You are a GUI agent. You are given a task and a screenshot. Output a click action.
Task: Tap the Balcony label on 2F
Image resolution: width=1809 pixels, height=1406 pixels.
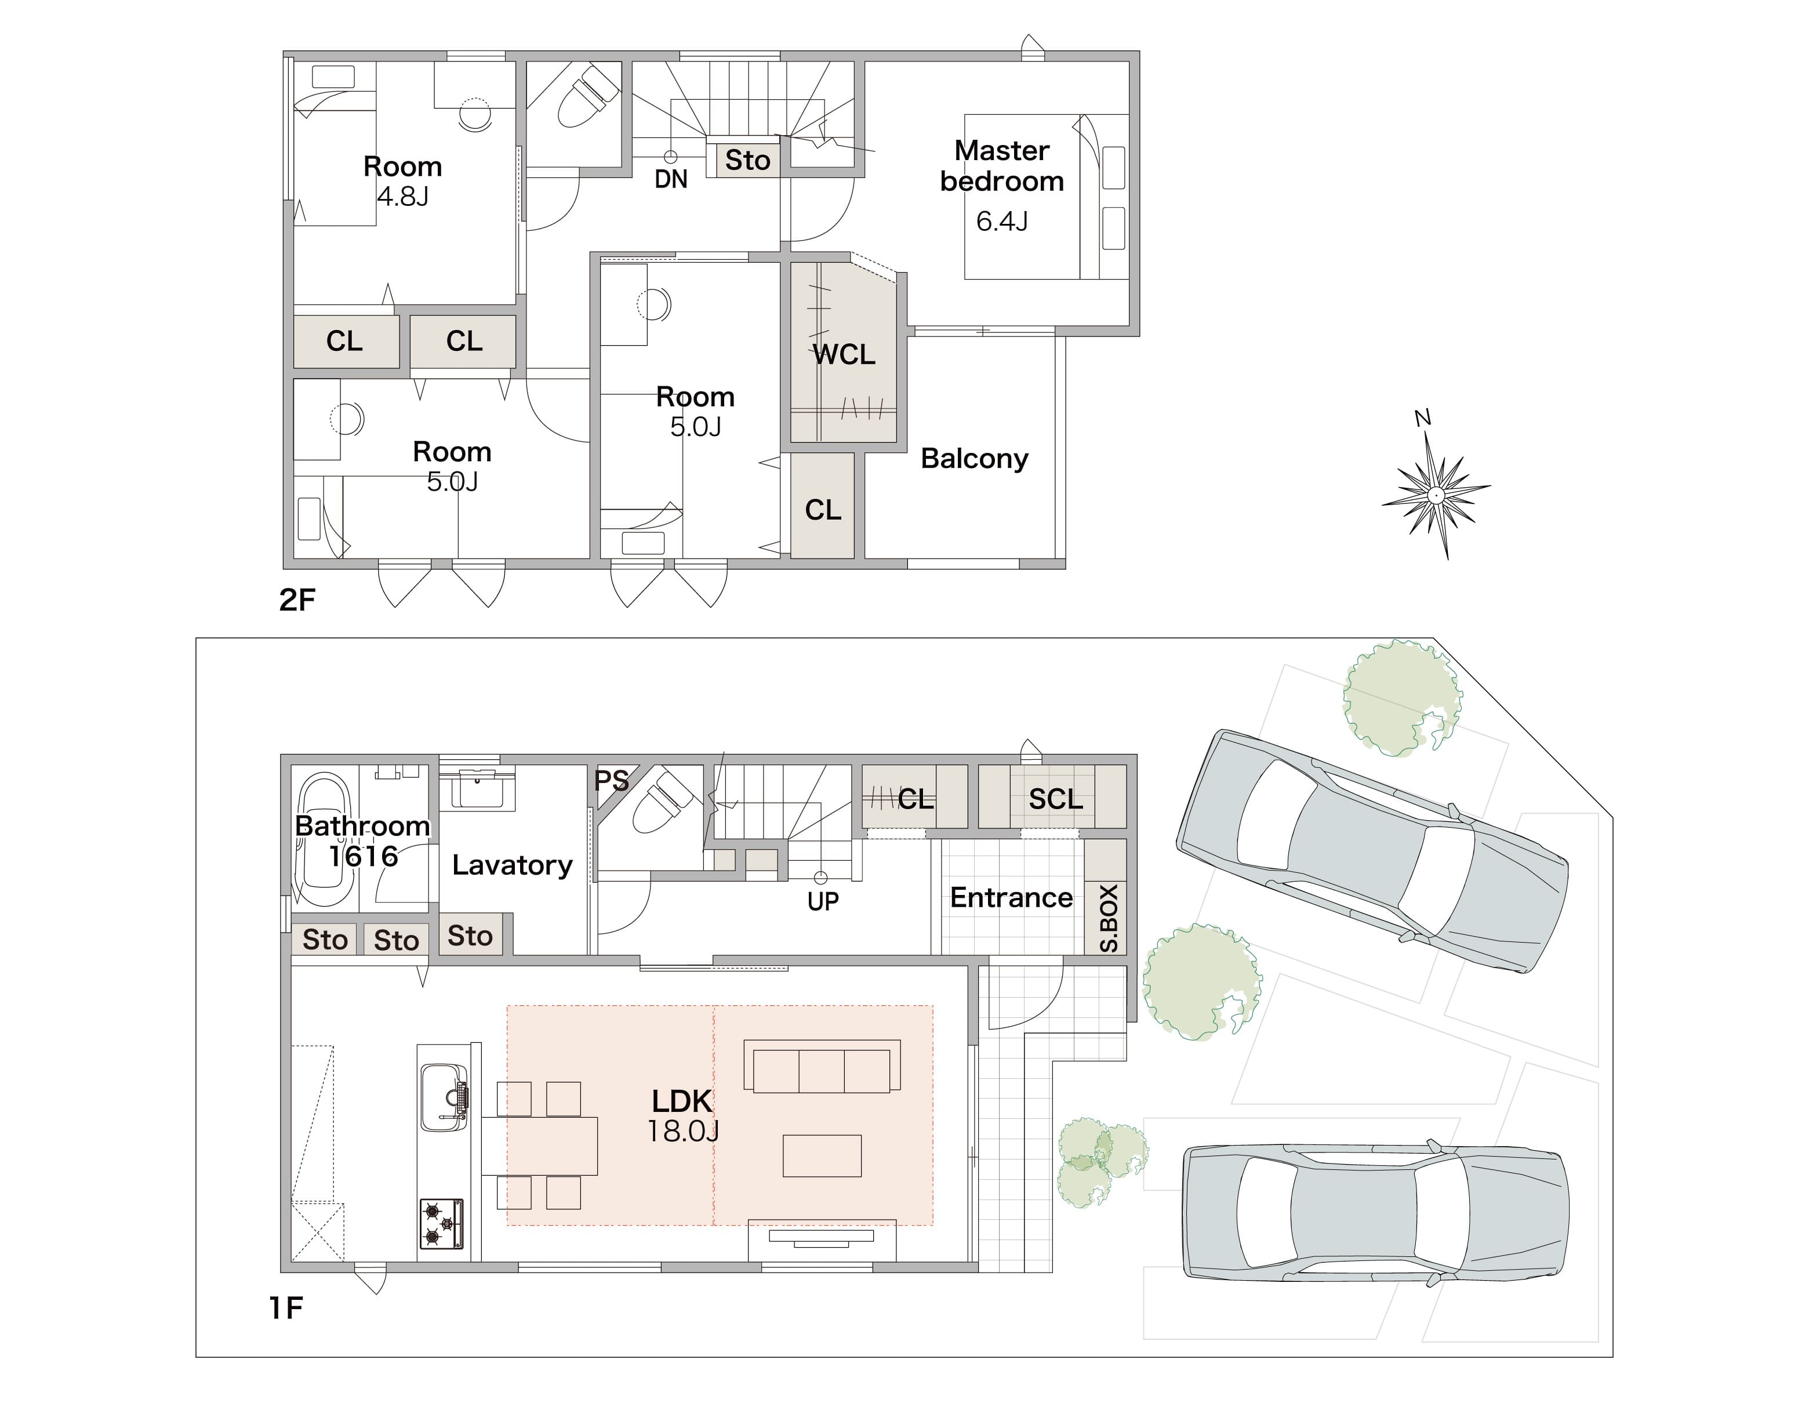[974, 458]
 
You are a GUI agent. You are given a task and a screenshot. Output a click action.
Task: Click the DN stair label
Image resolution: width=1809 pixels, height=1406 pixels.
[670, 179]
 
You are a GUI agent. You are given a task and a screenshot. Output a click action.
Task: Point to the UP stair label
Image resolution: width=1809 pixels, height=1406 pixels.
[823, 901]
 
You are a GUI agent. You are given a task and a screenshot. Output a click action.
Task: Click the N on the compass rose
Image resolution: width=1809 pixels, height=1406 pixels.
[1423, 418]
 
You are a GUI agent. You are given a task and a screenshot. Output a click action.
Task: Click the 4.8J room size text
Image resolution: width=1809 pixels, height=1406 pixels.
[402, 197]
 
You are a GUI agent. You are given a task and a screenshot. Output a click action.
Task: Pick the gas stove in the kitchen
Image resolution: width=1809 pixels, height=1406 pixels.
[441, 1224]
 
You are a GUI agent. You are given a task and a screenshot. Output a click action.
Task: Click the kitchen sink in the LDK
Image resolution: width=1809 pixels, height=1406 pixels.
[444, 1098]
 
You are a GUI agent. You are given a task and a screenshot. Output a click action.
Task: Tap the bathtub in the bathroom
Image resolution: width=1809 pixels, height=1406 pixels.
[324, 839]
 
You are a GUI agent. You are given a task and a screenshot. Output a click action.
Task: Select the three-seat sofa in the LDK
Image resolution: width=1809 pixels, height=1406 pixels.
[822, 1066]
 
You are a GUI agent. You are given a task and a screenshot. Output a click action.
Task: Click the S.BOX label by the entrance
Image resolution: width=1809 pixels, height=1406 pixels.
[1108, 918]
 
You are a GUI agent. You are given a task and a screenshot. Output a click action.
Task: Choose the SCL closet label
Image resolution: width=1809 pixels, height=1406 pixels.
[1055, 799]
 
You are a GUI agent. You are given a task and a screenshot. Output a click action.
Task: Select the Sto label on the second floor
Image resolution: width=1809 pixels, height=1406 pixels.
[747, 160]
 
